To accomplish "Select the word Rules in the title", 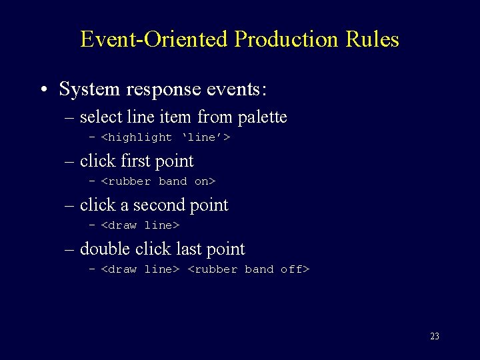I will [373, 39].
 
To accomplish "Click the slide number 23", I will [435, 337].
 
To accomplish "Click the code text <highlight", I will [136, 137].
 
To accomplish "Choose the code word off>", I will [295, 269].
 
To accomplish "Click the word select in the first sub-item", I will [101, 117].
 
